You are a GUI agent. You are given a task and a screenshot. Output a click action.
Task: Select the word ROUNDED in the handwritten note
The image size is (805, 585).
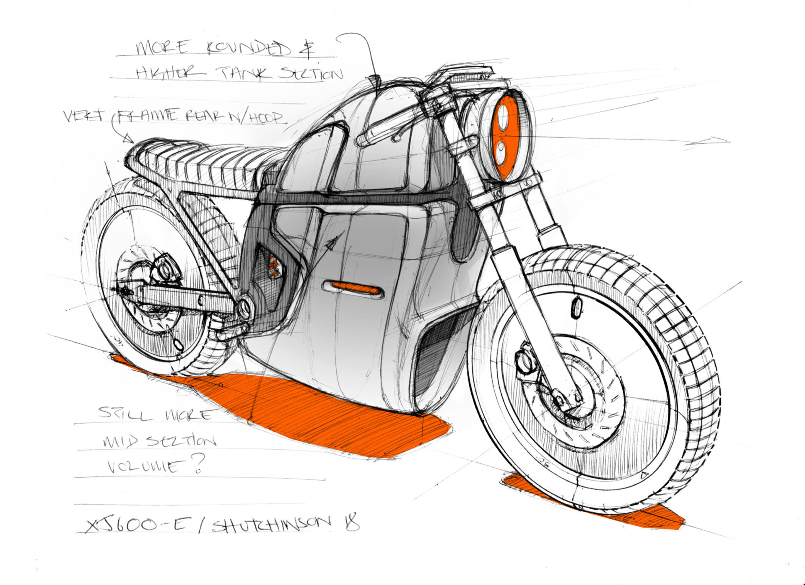[x=248, y=49]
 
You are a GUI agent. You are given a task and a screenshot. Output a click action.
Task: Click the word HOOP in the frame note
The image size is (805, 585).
[x=267, y=118]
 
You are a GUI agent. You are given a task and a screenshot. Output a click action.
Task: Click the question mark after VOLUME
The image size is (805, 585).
[x=198, y=463]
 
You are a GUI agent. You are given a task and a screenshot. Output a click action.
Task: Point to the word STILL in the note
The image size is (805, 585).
[x=124, y=414]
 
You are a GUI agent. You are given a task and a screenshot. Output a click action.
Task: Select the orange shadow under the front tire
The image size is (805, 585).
[x=595, y=503]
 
